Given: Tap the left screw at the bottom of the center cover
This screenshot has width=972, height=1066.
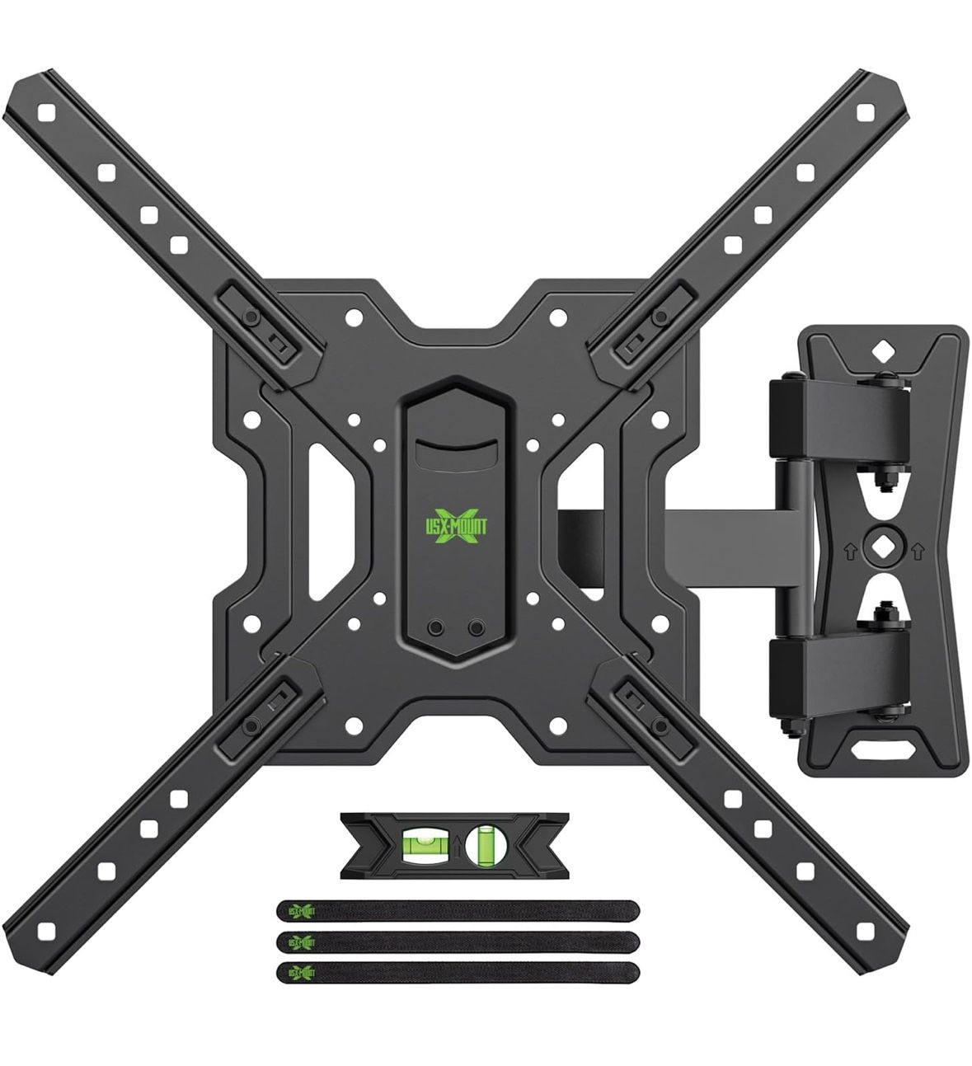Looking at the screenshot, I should coord(434,628).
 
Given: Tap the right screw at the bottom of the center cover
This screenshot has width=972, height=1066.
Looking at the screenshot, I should coord(476,628).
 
